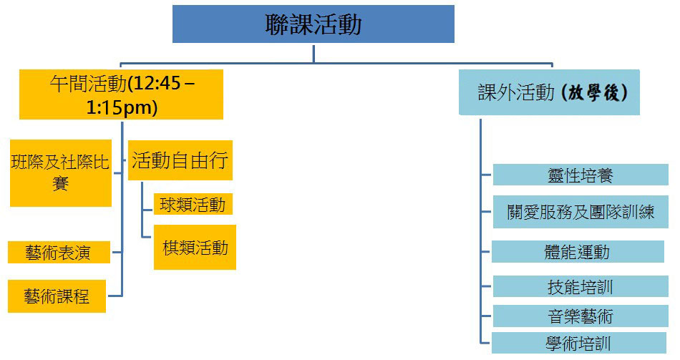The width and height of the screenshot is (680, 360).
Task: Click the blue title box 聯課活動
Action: point(313,24)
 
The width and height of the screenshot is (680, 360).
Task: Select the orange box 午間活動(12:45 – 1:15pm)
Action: point(121,94)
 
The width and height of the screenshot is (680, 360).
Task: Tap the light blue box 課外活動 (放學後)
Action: point(548,92)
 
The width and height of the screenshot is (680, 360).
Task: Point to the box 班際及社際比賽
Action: point(61,172)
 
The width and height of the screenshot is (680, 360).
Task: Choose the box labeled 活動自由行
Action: point(180,160)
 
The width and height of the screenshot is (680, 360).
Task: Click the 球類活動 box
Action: point(193,205)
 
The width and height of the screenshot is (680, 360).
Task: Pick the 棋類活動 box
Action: point(195,248)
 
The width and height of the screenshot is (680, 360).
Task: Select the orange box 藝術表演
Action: point(59,252)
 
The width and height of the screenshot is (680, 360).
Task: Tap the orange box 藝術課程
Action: point(57,296)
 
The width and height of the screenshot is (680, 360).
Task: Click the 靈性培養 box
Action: point(580,175)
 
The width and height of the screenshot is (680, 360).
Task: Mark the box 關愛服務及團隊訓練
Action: point(580,213)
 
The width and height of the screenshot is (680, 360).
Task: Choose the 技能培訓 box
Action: point(580,287)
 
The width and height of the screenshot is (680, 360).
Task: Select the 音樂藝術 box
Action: point(580,316)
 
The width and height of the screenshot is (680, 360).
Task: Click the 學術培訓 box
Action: point(578,343)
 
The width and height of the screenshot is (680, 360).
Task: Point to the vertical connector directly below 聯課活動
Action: point(314,53)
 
